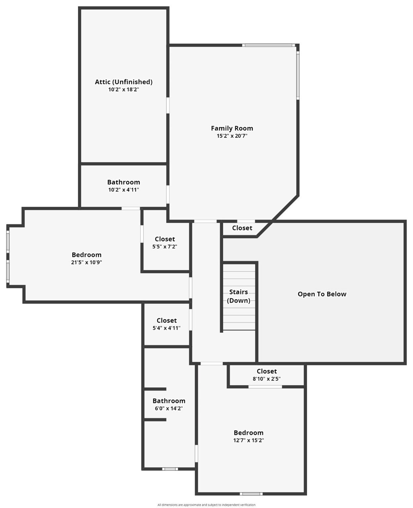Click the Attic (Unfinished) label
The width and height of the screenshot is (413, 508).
point(124,82)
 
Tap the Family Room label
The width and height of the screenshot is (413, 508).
point(232,128)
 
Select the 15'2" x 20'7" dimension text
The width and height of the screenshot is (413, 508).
point(232,136)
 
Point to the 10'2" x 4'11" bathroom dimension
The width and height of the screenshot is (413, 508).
point(124,190)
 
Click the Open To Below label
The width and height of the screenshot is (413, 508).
point(322,294)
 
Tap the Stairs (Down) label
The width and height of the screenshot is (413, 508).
point(238,296)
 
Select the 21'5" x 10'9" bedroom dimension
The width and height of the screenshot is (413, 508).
point(86,263)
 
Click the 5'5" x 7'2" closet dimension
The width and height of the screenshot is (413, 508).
point(165,247)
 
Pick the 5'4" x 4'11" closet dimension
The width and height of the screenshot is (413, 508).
point(166,328)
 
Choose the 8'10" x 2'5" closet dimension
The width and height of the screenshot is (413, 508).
point(267,379)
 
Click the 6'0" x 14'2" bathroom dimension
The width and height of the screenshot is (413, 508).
point(169,408)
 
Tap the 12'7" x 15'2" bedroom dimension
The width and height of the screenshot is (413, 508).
point(248,441)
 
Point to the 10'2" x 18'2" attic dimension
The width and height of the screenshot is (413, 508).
point(124,90)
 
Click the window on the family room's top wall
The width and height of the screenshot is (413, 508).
point(268,45)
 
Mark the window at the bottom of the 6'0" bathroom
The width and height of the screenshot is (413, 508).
point(170,469)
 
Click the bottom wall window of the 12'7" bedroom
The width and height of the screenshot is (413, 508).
point(251,494)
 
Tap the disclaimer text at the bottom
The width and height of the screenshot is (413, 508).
point(206,505)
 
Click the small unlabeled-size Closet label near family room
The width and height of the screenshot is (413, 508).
point(242,228)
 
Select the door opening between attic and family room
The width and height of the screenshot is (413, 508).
point(168,105)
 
